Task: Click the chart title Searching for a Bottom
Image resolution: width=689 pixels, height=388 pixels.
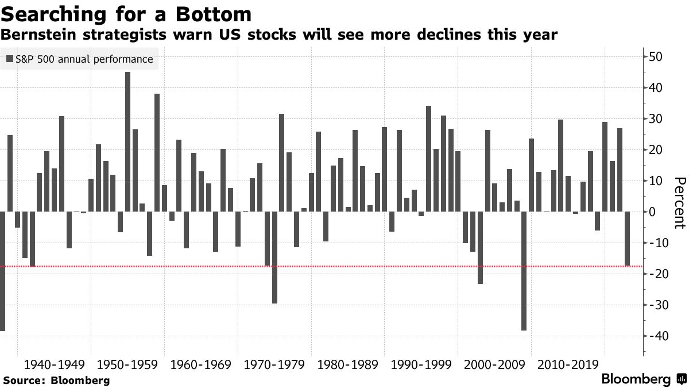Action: (x=126, y=14)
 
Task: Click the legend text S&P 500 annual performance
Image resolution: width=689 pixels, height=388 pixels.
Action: (x=84, y=59)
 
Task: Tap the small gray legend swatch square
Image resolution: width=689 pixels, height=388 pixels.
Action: (x=9, y=59)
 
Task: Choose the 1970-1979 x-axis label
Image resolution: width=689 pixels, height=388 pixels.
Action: (x=274, y=364)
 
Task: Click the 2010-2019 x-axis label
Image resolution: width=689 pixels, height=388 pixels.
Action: (x=567, y=364)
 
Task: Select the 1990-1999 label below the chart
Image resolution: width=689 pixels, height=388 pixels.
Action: (x=420, y=364)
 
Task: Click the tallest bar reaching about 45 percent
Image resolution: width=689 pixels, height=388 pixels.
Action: (x=127, y=141)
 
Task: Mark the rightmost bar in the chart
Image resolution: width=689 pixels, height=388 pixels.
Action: (x=627, y=239)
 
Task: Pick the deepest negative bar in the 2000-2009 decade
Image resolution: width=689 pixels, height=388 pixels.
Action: (x=524, y=271)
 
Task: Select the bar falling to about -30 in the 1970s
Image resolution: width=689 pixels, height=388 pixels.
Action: (x=274, y=258)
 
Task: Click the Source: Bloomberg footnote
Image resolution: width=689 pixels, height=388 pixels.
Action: (x=56, y=380)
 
